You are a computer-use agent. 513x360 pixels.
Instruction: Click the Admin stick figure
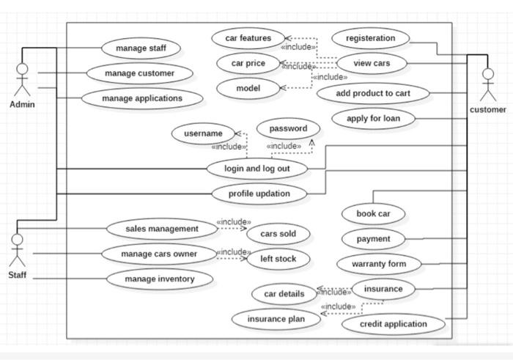tap(22, 80)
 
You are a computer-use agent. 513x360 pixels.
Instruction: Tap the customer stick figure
tap(487, 84)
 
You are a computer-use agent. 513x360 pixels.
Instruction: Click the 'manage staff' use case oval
tap(141, 49)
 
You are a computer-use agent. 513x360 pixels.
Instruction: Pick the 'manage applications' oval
tap(142, 98)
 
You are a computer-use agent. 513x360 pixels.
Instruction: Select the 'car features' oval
tap(248, 38)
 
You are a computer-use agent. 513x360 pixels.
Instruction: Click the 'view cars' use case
tap(372, 63)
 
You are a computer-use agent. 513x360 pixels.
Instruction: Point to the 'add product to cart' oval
tap(373, 94)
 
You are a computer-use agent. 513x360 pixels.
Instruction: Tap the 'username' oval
tap(203, 133)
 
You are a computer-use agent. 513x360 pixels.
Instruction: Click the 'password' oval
tap(288, 128)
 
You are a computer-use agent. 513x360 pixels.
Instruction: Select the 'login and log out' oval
tap(256, 169)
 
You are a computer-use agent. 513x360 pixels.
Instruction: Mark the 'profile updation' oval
tap(259, 194)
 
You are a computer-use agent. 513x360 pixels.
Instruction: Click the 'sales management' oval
tap(162, 229)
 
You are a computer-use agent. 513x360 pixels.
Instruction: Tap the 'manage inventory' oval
tap(160, 279)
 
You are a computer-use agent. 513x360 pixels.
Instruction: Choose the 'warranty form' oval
tap(379, 264)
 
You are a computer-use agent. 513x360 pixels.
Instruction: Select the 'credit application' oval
tap(394, 324)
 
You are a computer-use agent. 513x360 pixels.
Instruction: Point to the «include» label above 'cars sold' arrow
tap(233, 221)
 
